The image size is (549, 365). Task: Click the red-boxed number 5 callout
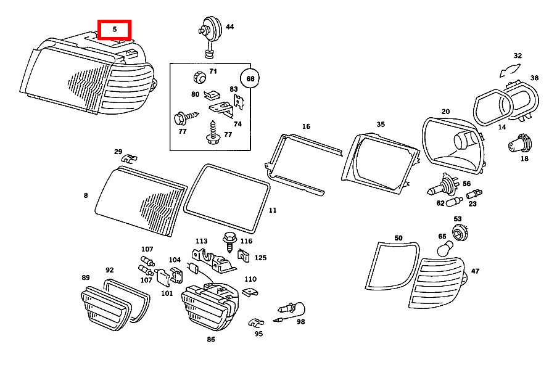[115, 30]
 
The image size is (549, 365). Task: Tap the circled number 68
[250, 78]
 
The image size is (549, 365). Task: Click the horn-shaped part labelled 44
[210, 36]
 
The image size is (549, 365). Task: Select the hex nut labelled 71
[200, 77]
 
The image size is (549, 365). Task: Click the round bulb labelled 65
[445, 248]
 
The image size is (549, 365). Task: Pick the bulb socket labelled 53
[460, 232]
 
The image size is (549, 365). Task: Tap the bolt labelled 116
[229, 242]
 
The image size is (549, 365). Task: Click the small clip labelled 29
[129, 159]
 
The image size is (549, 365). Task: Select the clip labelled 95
[256, 322]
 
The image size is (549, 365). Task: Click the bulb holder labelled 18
[520, 144]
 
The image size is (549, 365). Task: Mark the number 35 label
[381, 124]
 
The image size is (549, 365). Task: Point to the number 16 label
[306, 126]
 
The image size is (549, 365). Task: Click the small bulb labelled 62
[454, 202]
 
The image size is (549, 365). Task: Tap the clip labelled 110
[250, 292]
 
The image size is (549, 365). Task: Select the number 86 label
[211, 339]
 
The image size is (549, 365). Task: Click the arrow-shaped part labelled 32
[510, 70]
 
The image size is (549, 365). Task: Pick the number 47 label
[475, 271]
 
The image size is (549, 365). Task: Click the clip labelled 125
[243, 255]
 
